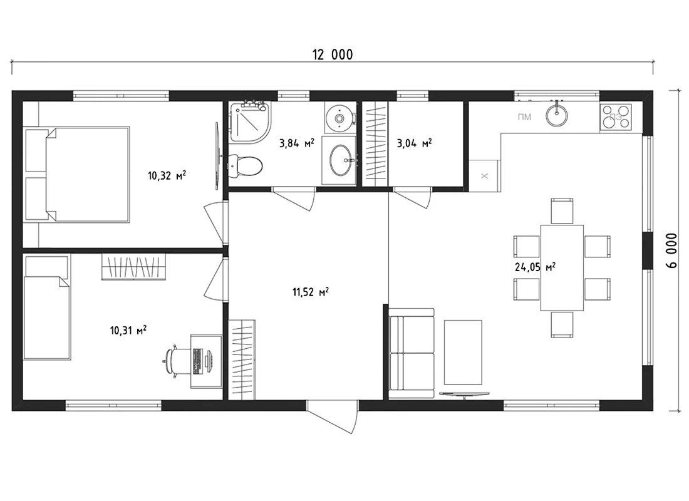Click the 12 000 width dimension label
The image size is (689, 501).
pos(332,54)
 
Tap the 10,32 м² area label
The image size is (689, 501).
pos(167,176)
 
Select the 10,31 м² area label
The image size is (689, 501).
pos(128,330)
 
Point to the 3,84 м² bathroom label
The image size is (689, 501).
pos(297,143)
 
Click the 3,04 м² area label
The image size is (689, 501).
pos(414,143)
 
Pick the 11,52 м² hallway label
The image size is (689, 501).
pos(311,292)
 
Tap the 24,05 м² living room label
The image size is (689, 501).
pos(535,267)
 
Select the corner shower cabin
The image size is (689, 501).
pos(249,121)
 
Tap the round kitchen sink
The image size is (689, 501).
pos(556,114)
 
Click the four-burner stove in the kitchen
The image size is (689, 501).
pos(616,116)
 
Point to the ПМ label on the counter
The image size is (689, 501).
pos(524,117)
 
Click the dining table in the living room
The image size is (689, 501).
pos(562,267)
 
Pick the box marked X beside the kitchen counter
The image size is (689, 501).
pos(484,176)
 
